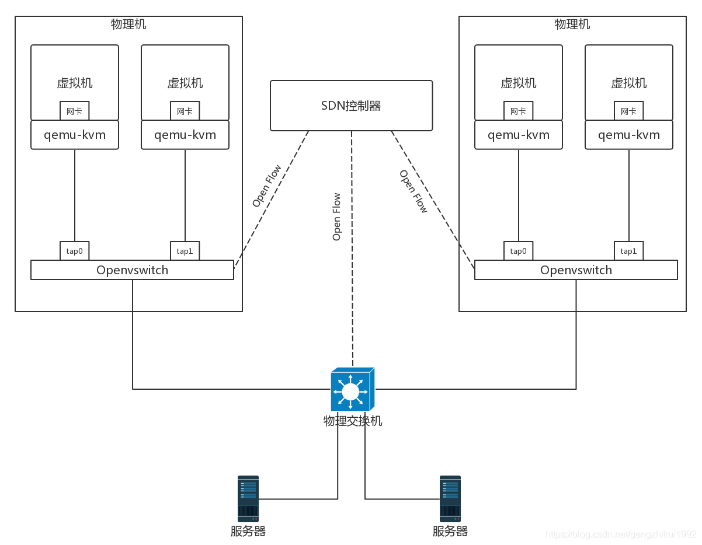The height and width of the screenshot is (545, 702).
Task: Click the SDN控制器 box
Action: pos(351,106)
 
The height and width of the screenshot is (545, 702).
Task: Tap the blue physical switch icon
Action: pos(352,390)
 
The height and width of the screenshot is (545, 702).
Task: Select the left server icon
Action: pos(248,498)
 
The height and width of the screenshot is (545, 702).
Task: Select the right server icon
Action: pos(450,498)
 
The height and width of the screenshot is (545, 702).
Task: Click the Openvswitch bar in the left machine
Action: pos(132,270)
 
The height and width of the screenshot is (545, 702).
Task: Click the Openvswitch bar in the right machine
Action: pos(576,270)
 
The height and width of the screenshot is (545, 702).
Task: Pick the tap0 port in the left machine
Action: pos(74,251)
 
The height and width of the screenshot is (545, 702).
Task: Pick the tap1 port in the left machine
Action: pos(185,251)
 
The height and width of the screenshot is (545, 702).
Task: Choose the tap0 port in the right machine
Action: pos(518,251)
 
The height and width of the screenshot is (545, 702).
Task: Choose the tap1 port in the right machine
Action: pos(628,251)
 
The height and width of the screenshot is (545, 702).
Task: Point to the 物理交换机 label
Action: pos(353,421)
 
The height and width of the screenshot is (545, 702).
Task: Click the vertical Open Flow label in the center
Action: pos(337,216)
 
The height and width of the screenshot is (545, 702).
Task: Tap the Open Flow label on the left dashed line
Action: pos(267,186)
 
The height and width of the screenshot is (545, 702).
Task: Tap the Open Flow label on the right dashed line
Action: pos(413,191)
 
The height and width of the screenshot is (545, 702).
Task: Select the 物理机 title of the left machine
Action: pos(128,25)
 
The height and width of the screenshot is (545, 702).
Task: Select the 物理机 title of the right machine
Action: pos(572,25)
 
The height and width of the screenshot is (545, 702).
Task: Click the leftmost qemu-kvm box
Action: pos(74,135)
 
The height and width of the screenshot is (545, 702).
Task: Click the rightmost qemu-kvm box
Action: pos(628,135)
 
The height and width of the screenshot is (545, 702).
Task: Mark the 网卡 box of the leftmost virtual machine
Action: pos(74,111)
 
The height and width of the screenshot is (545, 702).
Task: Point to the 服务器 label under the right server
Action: pos(450,532)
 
